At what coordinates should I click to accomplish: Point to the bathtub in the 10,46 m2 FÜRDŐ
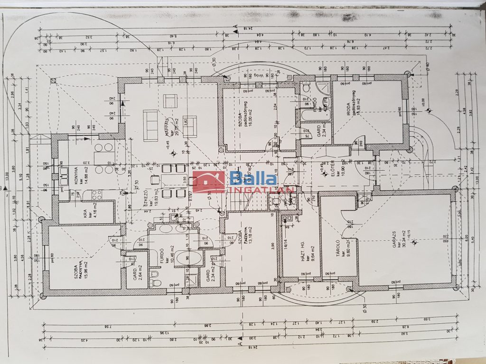coord(189,258)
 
